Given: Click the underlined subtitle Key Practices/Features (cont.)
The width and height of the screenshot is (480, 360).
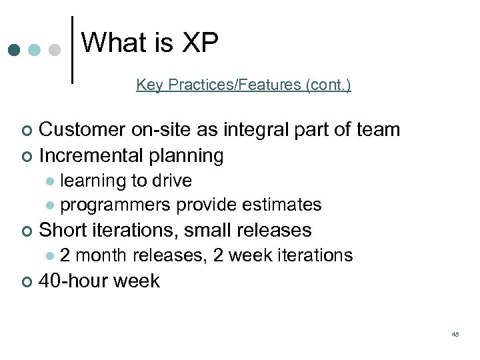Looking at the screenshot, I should pos(243,85).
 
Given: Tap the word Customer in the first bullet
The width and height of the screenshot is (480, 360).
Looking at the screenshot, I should pos(83,129).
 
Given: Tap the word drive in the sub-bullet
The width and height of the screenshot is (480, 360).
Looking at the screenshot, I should pos(172,181).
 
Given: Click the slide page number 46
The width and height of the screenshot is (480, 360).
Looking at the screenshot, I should pos(455,333).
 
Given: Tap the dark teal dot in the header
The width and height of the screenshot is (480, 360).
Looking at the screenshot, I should pos(14,51).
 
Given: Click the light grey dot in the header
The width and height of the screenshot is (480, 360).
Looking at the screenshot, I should pos(55,51).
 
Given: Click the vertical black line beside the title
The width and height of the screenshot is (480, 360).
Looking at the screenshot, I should pos(71,50).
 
